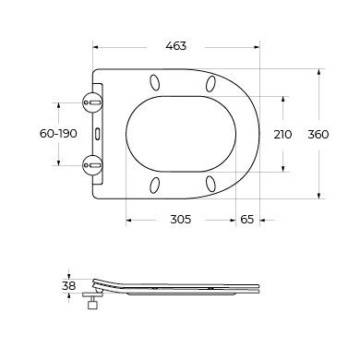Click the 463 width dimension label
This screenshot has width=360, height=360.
point(176,46)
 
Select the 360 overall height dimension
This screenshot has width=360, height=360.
point(318,135)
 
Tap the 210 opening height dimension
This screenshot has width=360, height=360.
point(282,135)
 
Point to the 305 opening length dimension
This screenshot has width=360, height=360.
point(181,220)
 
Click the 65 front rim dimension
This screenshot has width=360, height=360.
point(247,220)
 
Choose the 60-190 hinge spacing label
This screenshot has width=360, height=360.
point(58,134)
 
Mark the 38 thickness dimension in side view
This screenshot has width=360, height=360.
point(68,286)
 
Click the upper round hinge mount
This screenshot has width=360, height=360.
point(92,102)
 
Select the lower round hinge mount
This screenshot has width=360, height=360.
point(92,165)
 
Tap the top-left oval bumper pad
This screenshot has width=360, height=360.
point(155,82)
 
